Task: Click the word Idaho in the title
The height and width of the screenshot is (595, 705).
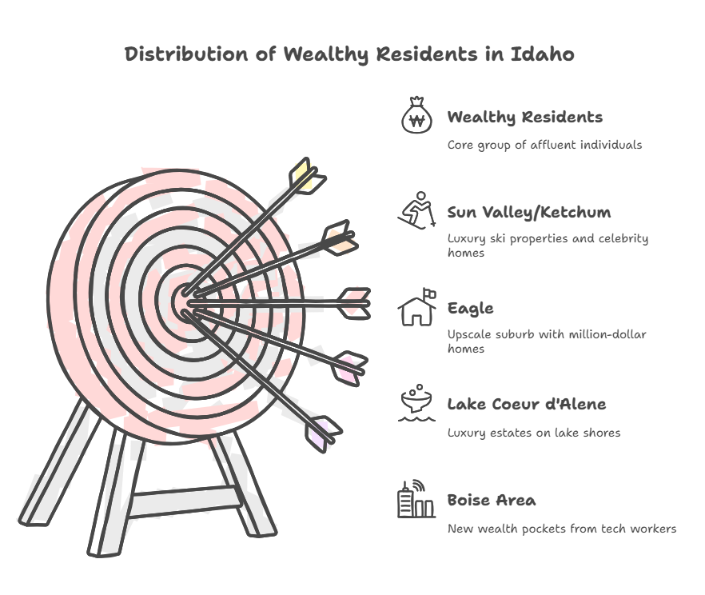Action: (542, 54)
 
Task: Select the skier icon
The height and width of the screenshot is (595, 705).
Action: (416, 210)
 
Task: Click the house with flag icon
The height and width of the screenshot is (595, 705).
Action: (416, 307)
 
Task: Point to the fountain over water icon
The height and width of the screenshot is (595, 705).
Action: (416, 403)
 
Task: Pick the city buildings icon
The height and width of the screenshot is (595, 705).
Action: (416, 499)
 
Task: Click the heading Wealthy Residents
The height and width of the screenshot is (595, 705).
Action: (524, 117)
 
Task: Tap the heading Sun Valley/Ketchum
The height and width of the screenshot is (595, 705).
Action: (529, 212)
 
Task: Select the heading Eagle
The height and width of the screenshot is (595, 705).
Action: (470, 309)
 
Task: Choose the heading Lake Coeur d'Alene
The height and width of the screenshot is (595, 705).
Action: (527, 404)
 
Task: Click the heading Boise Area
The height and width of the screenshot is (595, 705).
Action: (492, 500)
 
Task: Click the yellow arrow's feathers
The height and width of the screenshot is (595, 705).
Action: (307, 176)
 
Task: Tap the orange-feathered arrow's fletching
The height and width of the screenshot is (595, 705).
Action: (341, 238)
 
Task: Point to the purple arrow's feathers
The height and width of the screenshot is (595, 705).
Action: (323, 434)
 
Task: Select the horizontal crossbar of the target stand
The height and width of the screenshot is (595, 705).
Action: (185, 501)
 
